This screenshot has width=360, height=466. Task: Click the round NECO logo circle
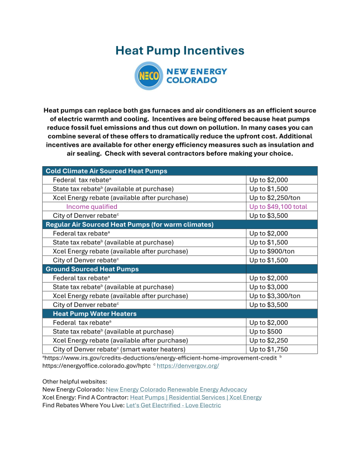(148, 76)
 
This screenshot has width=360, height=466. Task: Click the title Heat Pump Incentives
(179, 50)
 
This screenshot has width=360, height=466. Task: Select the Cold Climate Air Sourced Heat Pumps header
(106, 171)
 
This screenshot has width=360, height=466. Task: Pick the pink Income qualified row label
(91, 207)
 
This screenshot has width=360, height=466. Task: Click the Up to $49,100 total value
(278, 207)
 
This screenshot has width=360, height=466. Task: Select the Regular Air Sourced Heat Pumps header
(129, 224)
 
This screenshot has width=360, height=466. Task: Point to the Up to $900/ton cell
(271, 251)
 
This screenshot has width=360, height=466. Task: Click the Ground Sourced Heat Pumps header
(92, 269)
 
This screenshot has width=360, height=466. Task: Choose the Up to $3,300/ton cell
(275, 296)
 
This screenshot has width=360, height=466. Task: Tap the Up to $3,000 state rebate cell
(269, 287)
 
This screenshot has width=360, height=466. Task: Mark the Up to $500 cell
(265, 331)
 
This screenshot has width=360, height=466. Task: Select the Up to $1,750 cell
(269, 349)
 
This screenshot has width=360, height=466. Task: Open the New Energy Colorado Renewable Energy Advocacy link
(176, 390)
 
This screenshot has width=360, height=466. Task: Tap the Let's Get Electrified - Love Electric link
(173, 405)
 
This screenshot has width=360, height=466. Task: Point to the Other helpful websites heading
(75, 382)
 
